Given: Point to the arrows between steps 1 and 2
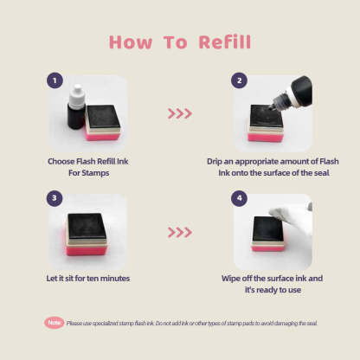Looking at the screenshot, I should [178, 113].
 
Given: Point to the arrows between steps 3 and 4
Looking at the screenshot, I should [178, 232].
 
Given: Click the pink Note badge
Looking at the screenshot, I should [54, 323].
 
